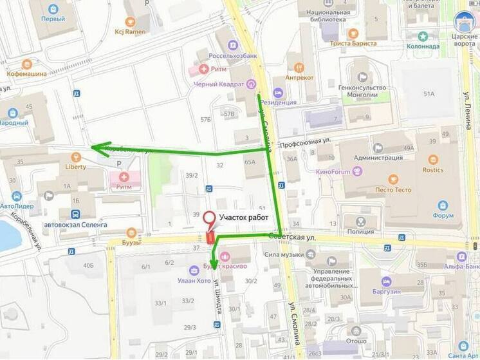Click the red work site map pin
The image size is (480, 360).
pos(210,219)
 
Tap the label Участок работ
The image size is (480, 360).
pos(245,218)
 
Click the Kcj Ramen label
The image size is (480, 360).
pos(130,32)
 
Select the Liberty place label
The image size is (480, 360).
pos(75,166)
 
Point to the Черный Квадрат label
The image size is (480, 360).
pos(219,84)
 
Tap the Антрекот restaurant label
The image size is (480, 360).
pos(299,77)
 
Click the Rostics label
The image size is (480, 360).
pos(432,169)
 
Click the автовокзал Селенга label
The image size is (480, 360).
pos(75,224)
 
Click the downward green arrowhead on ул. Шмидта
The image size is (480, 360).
pos(214,261)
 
